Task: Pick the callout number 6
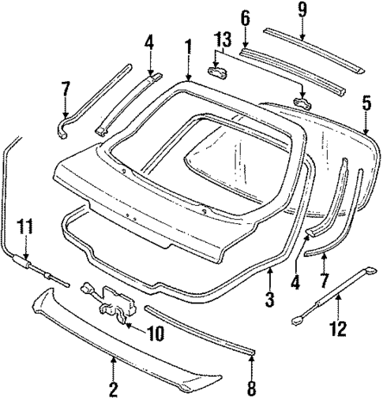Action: (245, 17)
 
